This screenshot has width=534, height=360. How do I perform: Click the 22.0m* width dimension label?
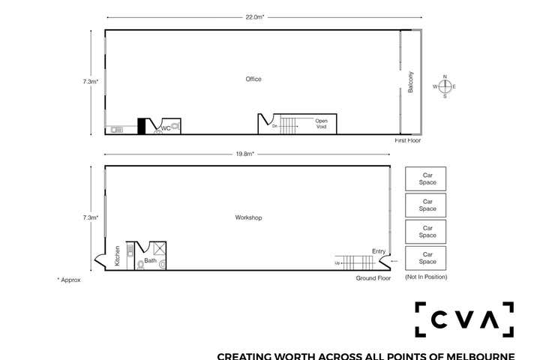click(254, 16)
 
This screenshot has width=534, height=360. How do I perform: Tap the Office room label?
click(253, 79)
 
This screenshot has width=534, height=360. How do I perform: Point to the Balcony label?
click(411, 82)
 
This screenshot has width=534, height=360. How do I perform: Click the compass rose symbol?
click(445, 86)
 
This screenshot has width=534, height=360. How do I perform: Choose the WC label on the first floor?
click(166, 128)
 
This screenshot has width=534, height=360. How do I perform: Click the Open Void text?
click(321, 123)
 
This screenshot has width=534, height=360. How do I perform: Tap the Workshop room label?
click(247, 217)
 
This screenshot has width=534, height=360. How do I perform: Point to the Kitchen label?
click(118, 256)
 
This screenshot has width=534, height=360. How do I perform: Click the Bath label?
click(150, 261)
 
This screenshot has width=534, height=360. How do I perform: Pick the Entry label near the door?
click(378, 251)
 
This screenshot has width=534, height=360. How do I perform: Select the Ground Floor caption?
click(373, 278)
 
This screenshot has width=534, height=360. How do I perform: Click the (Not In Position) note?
click(425, 277)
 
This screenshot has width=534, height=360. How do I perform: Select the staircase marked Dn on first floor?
click(292, 125)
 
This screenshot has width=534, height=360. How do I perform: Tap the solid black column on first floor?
click(140, 126)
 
